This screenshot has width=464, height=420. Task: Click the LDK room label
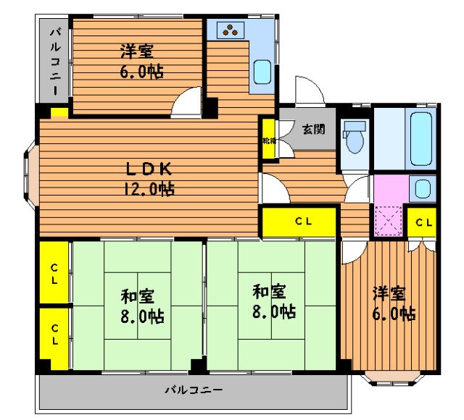[149, 169]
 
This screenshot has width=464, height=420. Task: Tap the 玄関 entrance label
[313, 130]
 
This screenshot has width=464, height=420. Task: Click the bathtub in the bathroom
[422, 138]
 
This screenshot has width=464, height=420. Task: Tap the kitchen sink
[262, 72]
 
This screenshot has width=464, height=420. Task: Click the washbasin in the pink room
[421, 189]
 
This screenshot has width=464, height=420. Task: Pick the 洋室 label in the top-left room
[138, 51]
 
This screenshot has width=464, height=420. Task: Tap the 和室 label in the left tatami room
[138, 296]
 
